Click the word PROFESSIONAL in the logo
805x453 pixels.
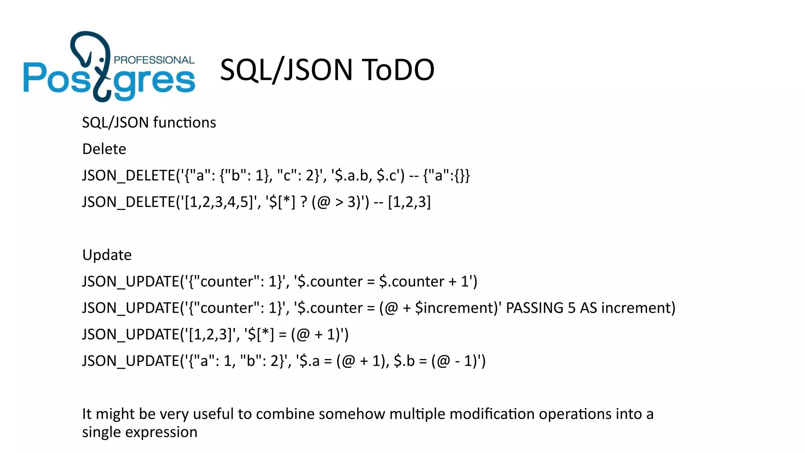[x=154, y=60]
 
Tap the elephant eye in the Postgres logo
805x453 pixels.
[x=102, y=60]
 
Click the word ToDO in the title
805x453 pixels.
[x=398, y=70]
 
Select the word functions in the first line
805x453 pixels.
[x=184, y=123]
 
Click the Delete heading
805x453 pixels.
[x=104, y=149]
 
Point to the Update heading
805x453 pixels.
[x=107, y=255]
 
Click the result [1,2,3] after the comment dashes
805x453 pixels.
[x=409, y=202]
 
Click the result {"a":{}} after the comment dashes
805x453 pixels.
[x=447, y=175]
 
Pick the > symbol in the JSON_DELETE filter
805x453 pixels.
[x=339, y=202]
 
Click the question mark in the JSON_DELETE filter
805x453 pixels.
[x=303, y=202]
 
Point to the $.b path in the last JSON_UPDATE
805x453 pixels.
[x=404, y=361]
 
